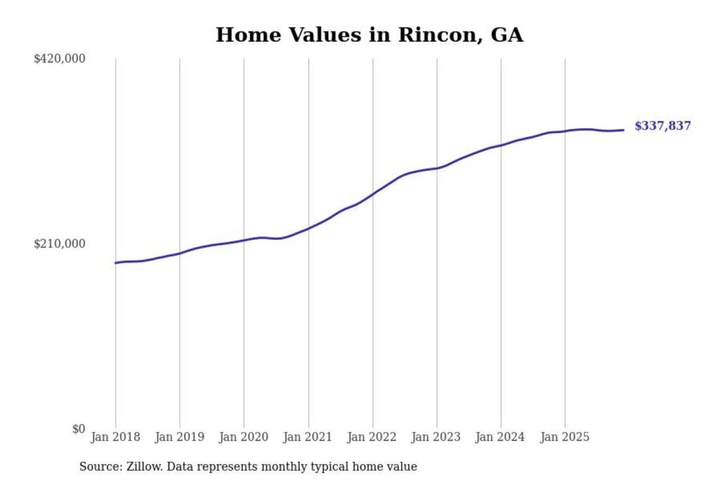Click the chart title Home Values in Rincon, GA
point(370,35)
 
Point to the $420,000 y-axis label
point(60,59)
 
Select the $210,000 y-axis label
point(60,244)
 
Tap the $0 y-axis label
point(79,429)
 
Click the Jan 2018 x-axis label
point(116,437)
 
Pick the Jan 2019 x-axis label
point(180,437)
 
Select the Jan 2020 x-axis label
point(244,437)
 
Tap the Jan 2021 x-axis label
point(308,437)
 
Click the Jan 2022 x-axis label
point(372,437)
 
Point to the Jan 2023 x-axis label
point(436,437)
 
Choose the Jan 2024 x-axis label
point(500,437)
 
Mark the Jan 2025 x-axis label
point(565,437)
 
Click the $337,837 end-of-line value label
point(662,126)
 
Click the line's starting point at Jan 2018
point(116,263)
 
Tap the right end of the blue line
point(623,130)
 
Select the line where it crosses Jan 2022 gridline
point(373,194)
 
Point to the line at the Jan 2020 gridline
point(244,241)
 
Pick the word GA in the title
point(507,35)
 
